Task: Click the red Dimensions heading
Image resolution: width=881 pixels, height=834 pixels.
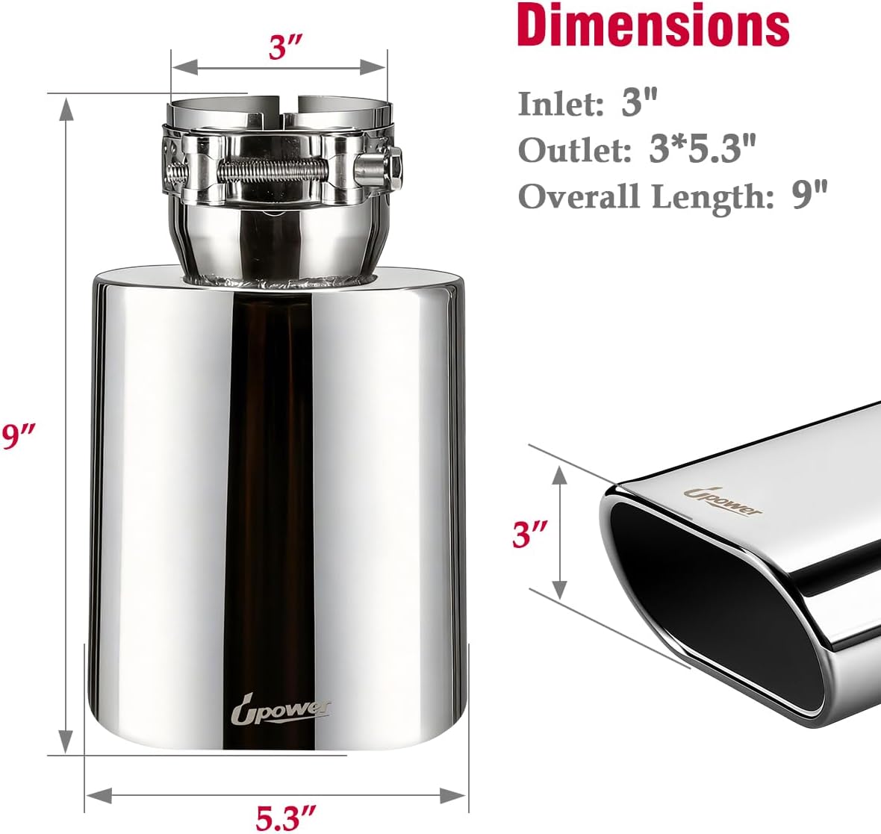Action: [x=653, y=25]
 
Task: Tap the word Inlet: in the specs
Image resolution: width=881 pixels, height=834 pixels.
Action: [x=560, y=104]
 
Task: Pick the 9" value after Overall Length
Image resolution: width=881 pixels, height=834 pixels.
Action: [x=810, y=196]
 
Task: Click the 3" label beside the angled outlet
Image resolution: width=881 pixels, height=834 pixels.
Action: [x=530, y=534]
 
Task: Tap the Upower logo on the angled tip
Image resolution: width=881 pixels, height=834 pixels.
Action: [x=723, y=502]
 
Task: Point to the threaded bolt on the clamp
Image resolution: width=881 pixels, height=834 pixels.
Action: [x=276, y=169]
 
